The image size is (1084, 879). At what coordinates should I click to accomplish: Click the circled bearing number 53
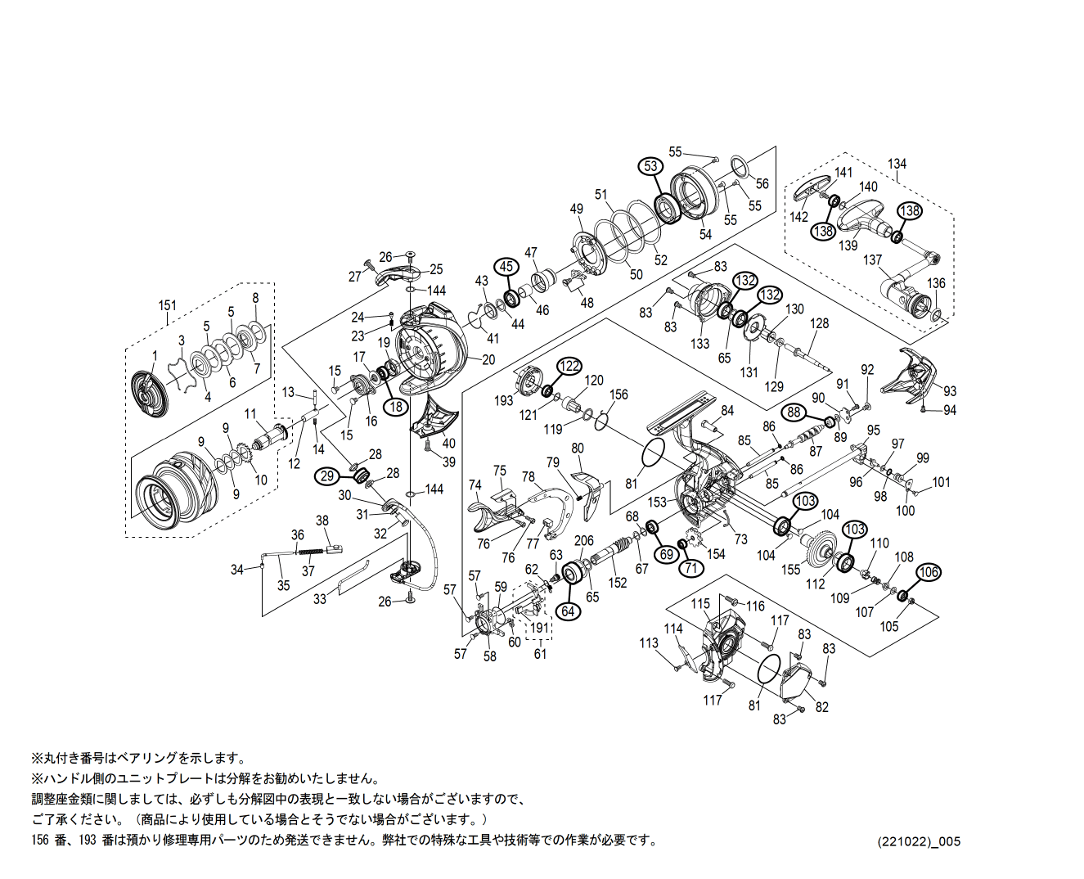(x=650, y=166)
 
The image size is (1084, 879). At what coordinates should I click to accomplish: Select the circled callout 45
(x=506, y=266)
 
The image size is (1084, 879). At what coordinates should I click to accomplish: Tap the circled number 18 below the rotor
(x=396, y=406)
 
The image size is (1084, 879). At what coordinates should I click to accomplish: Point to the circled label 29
(x=328, y=476)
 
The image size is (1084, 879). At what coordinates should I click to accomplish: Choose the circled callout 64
(x=568, y=611)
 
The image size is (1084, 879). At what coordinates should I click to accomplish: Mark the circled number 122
(x=569, y=366)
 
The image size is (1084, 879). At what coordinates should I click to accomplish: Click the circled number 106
(x=928, y=573)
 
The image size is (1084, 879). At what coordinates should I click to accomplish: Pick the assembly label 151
(x=167, y=305)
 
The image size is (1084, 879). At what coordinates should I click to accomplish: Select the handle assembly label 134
(x=897, y=164)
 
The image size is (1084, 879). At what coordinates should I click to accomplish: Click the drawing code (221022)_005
(x=919, y=841)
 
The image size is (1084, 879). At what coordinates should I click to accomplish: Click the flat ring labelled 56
(x=737, y=168)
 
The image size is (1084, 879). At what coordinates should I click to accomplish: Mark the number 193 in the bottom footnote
(x=89, y=840)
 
